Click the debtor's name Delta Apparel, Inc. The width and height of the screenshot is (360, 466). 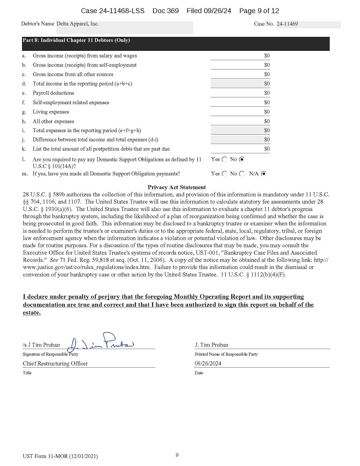click(78, 24)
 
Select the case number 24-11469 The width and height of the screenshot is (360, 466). click(287, 24)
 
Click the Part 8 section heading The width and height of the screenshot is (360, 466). click(76, 41)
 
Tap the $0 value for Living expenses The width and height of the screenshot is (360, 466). click(267, 112)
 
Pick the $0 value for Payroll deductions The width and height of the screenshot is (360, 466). click(267, 93)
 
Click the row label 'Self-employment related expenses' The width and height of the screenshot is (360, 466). click(71, 103)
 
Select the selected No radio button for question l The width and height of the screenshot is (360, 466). click(242, 160)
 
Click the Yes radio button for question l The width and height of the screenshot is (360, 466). click(224, 160)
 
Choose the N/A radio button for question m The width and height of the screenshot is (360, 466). click(263, 174)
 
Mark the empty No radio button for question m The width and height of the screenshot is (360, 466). click(242, 174)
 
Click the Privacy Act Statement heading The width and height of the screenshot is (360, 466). click(177, 187)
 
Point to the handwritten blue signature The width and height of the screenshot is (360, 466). click(102, 342)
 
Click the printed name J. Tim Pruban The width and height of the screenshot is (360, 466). click(211, 345)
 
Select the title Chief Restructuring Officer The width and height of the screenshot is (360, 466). click(55, 363)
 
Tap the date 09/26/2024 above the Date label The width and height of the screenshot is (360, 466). click(208, 363)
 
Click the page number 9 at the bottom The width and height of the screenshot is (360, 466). click(177, 455)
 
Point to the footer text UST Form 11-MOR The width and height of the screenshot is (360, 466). click(61, 456)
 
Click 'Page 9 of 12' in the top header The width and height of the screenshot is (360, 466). click(259, 11)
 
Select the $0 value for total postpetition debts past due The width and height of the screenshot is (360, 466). click(267, 149)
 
